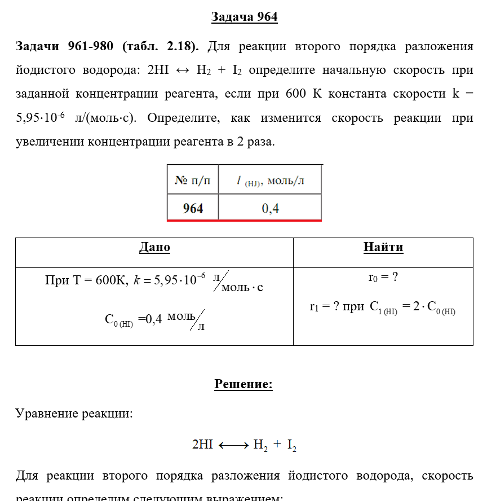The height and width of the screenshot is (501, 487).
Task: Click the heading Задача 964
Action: coord(244,17)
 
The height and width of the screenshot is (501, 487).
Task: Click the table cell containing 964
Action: coord(193,208)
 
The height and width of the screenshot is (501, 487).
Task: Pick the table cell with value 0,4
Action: coord(270,208)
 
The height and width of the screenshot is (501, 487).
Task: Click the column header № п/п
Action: coord(193,180)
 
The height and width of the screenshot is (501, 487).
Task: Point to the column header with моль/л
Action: coord(271,181)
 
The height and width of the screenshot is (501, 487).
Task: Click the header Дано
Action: coord(154,247)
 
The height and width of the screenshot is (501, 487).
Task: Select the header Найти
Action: coord(383,247)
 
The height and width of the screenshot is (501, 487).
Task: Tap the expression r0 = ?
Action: coord(383,278)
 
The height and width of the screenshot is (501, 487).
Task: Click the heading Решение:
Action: coord(243,385)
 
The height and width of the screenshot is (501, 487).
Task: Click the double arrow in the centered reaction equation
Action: coord(233,445)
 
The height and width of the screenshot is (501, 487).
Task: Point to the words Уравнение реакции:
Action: coord(74,414)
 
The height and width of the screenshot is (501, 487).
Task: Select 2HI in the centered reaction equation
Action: coord(202,445)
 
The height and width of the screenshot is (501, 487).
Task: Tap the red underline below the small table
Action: coord(244,221)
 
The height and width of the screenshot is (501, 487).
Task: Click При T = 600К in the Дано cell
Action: coord(86,280)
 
